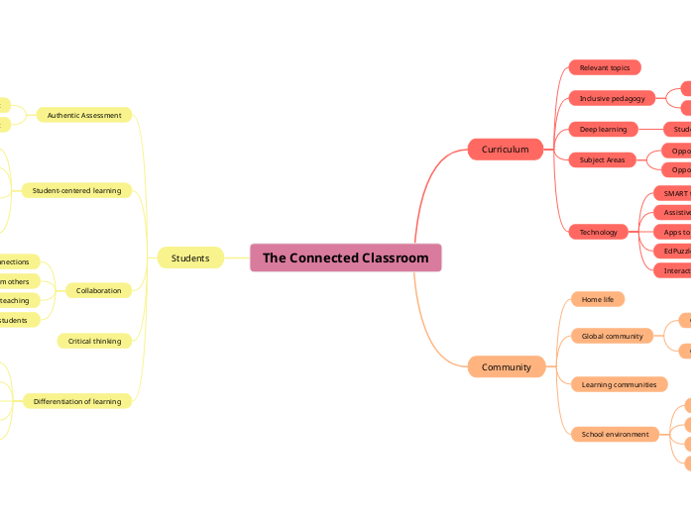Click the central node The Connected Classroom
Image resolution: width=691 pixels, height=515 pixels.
point(345,257)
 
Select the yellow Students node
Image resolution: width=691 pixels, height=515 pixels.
point(189,257)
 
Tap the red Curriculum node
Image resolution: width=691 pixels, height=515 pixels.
point(505,149)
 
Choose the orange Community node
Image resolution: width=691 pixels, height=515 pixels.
point(506,366)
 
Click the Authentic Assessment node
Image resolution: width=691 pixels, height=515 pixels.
point(84,115)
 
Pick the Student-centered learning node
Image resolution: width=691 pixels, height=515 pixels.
point(76,190)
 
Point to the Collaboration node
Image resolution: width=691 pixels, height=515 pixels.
point(98,290)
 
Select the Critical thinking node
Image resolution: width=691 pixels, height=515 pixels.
point(94,341)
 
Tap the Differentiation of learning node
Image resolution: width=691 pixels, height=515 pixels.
point(77,401)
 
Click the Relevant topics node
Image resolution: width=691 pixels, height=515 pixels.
point(605,67)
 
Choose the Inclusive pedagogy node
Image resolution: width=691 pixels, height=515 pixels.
point(612,98)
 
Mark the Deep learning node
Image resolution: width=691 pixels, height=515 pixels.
point(603,129)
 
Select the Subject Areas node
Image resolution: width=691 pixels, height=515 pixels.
point(602,159)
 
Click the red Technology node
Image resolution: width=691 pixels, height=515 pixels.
point(598,232)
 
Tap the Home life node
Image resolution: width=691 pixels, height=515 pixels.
point(597,299)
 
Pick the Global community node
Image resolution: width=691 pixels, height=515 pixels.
point(612,336)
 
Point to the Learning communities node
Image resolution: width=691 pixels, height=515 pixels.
point(619,384)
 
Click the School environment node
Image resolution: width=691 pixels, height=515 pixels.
point(615,434)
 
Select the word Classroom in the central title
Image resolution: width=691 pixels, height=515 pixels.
point(395,257)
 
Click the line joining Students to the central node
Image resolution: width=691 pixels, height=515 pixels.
point(236,257)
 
